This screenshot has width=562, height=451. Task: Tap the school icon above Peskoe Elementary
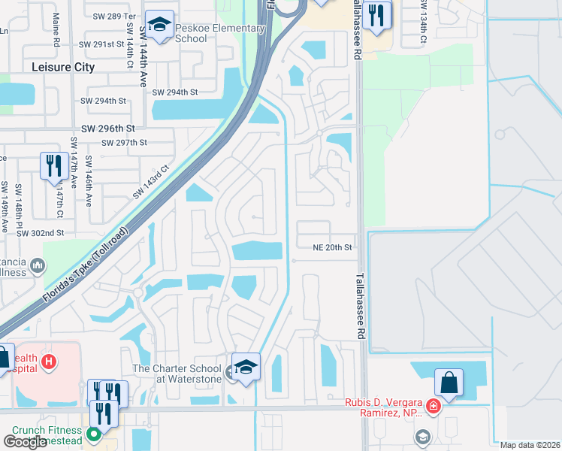pos(159,26)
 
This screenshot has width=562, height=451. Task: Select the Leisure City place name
pos(64,67)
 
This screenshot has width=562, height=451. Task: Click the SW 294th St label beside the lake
pos(174,92)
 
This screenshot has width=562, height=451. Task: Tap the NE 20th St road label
pos(332,247)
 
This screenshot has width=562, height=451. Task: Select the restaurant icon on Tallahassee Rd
pos(376,14)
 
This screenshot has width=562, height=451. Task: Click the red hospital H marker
pos(49,362)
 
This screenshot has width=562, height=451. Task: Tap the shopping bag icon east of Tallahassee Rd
pos(449,383)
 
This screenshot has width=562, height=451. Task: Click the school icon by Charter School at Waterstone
pos(245,367)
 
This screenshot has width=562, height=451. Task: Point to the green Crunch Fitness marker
pos(93,434)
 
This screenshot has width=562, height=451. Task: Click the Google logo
pos(25,441)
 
